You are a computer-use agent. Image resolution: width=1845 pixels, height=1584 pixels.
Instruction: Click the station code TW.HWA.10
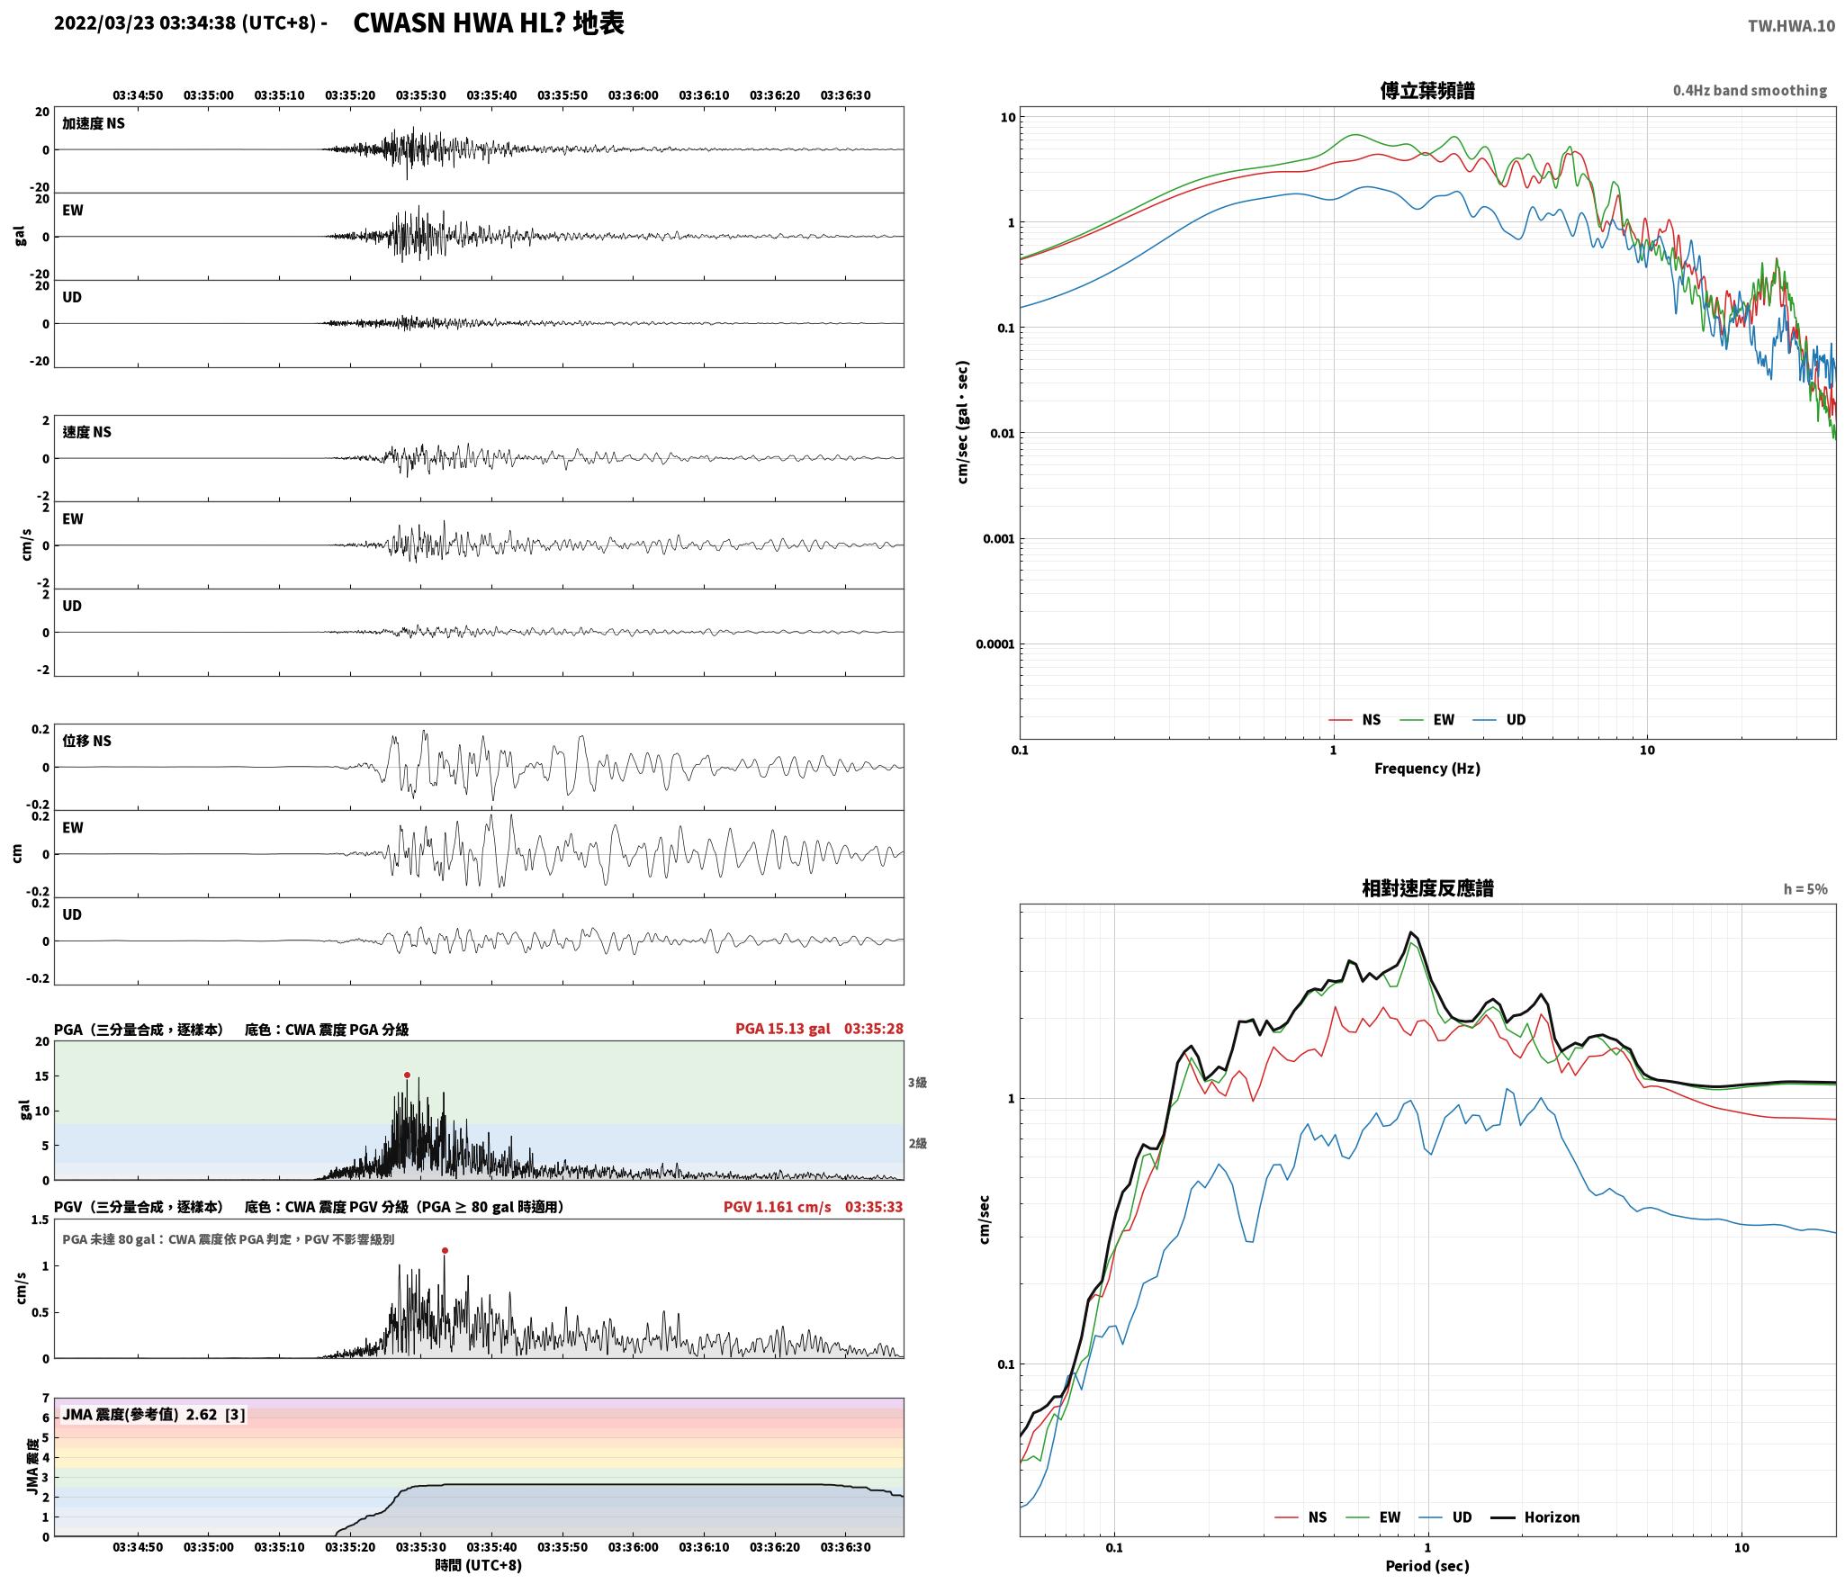point(1791,26)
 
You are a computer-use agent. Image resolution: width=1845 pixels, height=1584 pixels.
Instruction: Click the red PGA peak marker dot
point(407,1075)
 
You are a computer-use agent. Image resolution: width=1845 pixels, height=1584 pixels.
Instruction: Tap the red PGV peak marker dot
point(445,1250)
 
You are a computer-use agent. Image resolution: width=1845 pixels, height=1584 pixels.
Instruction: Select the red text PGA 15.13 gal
point(782,1028)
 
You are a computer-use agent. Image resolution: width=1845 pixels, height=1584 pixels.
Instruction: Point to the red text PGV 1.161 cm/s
point(777,1206)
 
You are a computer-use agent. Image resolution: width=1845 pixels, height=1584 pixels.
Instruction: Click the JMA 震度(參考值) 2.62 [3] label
point(153,1414)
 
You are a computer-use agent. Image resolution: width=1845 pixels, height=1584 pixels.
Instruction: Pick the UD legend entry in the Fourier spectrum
point(1499,719)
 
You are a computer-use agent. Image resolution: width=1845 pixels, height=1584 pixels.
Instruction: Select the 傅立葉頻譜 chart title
point(1426,90)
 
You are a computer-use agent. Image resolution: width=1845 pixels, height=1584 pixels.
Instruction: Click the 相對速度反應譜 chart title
point(1427,887)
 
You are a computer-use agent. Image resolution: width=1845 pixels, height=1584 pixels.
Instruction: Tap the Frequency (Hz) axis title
point(1426,768)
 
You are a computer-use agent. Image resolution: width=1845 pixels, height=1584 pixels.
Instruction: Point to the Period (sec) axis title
point(1426,1565)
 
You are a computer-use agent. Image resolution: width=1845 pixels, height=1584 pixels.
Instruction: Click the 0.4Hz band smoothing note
point(1750,90)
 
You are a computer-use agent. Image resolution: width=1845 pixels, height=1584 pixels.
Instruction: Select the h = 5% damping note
point(1805,888)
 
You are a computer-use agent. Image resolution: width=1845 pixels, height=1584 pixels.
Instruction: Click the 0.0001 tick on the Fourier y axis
point(995,643)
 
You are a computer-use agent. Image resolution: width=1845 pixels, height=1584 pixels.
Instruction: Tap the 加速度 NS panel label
point(94,123)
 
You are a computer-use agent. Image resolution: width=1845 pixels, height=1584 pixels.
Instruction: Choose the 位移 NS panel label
point(86,741)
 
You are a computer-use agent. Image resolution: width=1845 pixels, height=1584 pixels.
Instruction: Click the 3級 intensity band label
point(917,1083)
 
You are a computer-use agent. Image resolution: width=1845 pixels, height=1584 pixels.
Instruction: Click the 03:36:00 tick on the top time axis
point(633,94)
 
